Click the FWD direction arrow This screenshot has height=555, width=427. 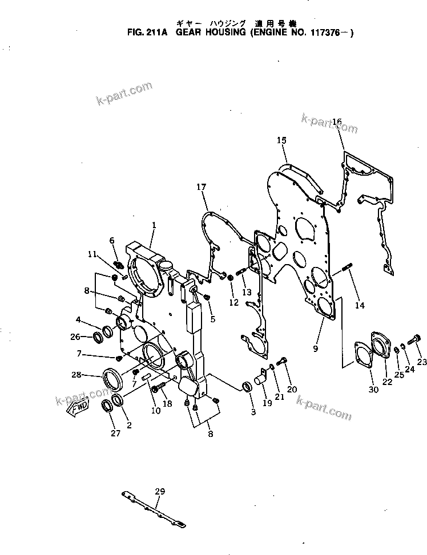click(78, 406)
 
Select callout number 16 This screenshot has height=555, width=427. click(337, 122)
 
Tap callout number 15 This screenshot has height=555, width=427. click(281, 140)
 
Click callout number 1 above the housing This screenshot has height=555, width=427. click(154, 226)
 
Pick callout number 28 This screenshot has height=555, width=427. click(76, 375)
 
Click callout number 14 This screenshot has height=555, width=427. click(359, 305)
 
